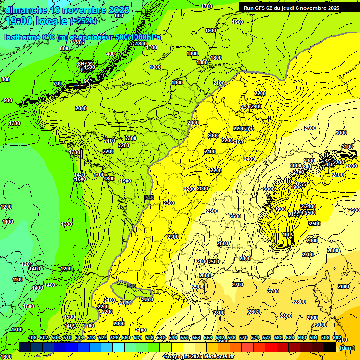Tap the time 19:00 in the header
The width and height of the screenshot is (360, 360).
point(19,21)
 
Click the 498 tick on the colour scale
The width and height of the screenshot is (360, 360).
point(32,337)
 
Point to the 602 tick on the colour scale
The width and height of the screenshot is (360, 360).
point(337,337)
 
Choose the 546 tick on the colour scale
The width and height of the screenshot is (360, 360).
point(173,337)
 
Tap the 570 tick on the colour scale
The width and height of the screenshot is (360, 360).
point(243,337)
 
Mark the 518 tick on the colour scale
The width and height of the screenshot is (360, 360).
point(91,337)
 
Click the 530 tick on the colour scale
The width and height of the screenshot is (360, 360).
point(126,337)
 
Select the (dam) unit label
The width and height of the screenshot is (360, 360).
point(347,348)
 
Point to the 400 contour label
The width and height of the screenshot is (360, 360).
point(111,54)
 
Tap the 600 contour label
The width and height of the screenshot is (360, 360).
point(119,15)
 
